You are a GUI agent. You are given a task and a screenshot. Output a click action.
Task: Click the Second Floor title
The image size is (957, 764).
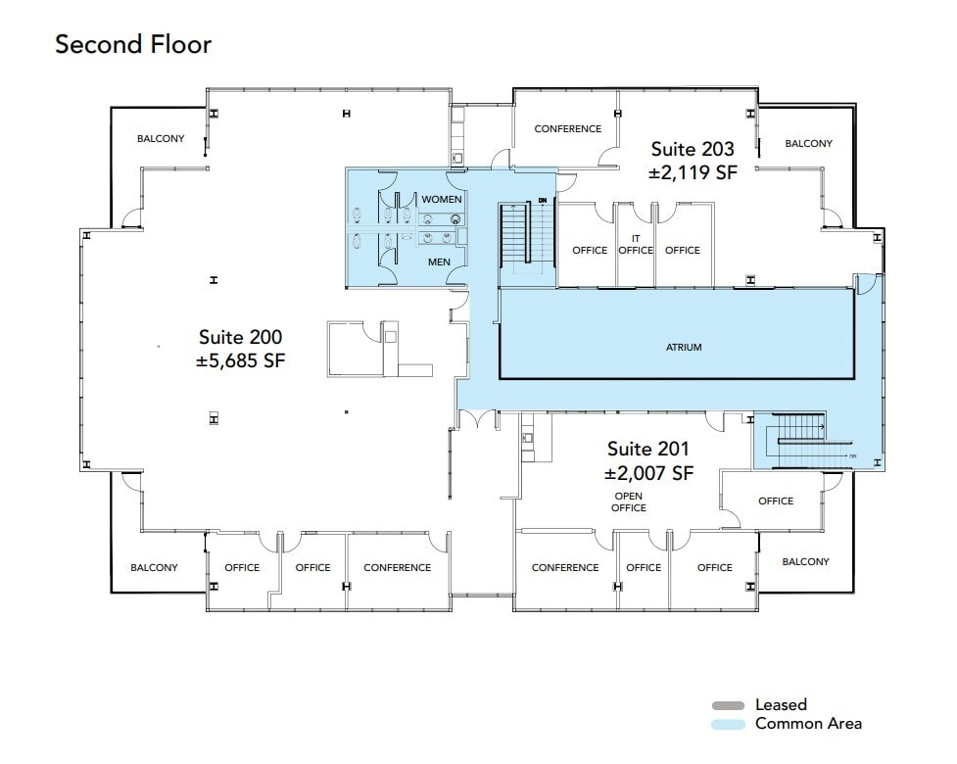[133, 44]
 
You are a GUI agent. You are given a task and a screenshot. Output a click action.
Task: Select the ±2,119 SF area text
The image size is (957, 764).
[692, 172]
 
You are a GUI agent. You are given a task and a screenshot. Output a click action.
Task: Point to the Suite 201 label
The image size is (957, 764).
[647, 449]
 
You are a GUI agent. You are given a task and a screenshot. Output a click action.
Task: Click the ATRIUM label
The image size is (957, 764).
[684, 348]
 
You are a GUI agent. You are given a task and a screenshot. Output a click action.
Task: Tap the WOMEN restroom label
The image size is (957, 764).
[441, 200]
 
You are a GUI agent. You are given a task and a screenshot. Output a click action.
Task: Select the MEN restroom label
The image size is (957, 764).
[438, 263]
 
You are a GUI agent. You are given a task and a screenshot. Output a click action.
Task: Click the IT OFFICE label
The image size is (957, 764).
[636, 244]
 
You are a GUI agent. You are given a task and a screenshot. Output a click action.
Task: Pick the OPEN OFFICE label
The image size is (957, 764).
[628, 501]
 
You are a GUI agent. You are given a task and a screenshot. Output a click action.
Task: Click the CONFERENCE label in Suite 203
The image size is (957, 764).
[567, 129]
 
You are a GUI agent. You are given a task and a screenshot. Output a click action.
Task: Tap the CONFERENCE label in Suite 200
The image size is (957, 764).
[397, 568]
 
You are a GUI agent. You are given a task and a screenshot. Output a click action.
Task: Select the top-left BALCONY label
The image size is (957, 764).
[160, 139]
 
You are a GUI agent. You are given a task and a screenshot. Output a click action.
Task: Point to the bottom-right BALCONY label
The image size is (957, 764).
[805, 562]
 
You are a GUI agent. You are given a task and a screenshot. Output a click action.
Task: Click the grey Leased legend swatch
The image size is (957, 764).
[730, 705]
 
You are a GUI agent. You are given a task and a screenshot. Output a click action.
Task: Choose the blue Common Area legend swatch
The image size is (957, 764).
[730, 725]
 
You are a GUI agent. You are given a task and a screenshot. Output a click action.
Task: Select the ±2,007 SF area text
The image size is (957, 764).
[648, 473]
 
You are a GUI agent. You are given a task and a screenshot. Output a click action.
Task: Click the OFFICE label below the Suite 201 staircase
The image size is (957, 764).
[776, 501]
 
